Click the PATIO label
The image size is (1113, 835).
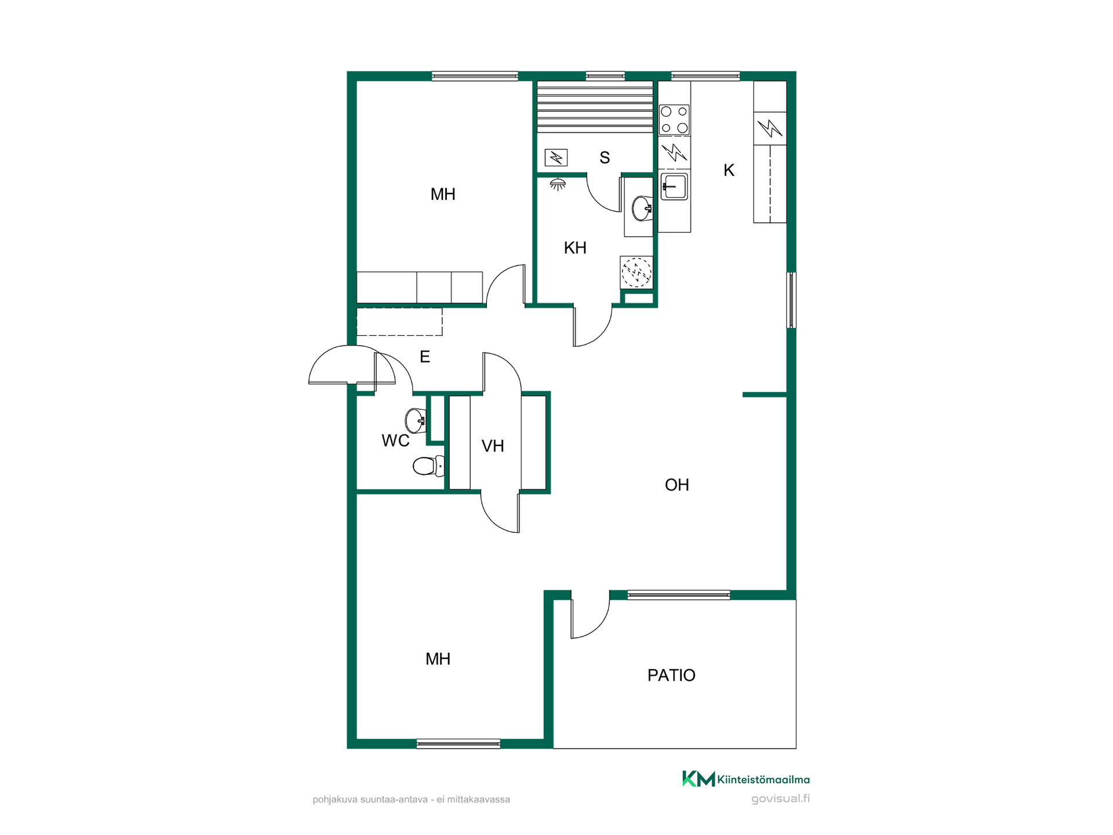coord(671,675)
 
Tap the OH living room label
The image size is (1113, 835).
coord(677,485)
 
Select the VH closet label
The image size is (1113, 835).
coord(493,446)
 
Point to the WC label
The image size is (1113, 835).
coord(395,441)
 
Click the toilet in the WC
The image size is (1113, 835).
coord(429,466)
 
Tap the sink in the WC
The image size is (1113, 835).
coord(416,420)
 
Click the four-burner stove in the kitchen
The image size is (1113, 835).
coord(675,120)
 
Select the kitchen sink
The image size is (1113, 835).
coord(675,187)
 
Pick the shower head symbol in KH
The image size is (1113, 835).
coord(558,184)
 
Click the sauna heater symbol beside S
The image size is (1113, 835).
coord(556,157)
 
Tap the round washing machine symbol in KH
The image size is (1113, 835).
coord(636,271)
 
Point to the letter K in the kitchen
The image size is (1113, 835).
coord(729,170)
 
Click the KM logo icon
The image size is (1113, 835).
coord(699,779)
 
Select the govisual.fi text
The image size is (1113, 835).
coord(781,798)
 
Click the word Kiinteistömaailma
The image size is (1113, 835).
coord(763,779)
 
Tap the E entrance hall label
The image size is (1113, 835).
coord(425,357)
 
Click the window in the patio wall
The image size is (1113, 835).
coord(678,594)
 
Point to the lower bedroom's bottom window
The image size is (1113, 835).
coord(459,743)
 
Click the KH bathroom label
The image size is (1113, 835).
coord(575,248)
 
